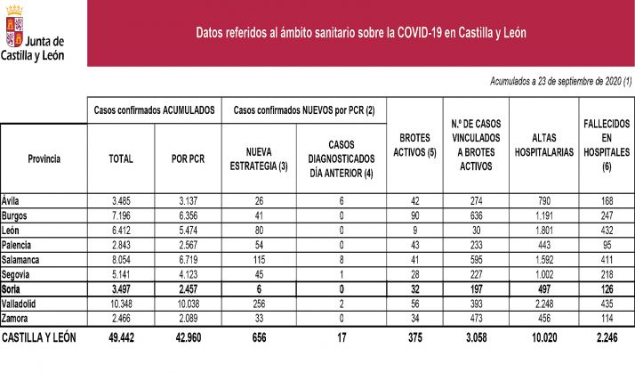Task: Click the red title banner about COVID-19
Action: click(x=360, y=33)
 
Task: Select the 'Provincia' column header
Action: click(x=44, y=158)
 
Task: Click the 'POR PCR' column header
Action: click(x=189, y=158)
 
